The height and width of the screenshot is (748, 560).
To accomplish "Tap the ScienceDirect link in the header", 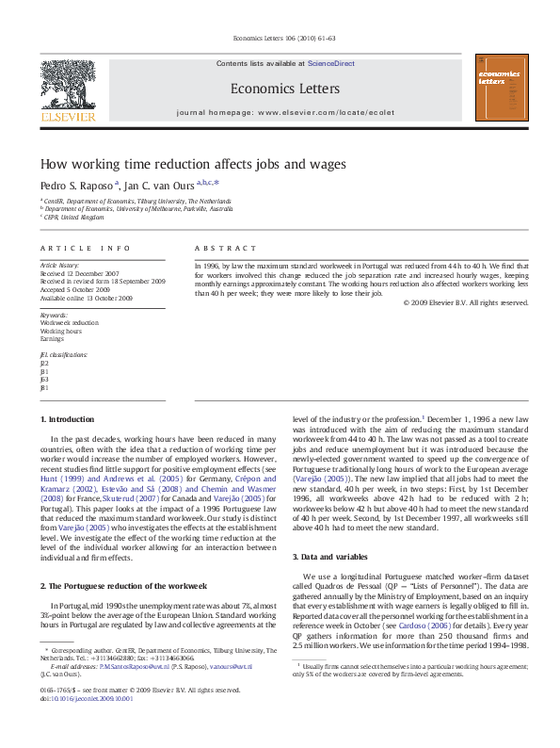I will pos(330,63).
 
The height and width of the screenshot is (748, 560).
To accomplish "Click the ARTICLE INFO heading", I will pos(85,248).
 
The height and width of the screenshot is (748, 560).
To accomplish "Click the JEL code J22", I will pos(44,362).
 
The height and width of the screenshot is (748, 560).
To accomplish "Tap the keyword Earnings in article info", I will pos(52,338).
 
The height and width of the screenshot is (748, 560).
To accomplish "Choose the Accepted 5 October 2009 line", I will pos(81,289).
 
